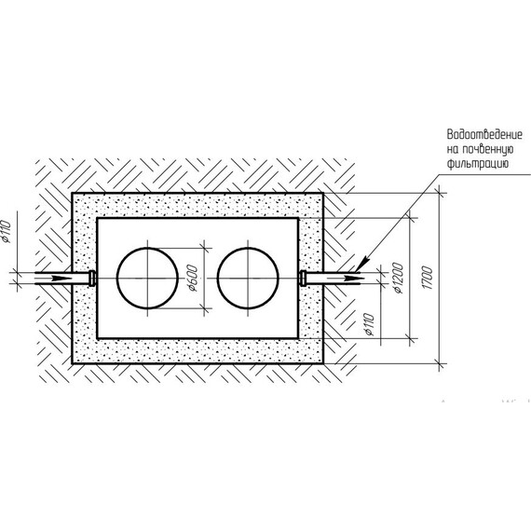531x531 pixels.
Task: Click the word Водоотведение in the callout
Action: tap(484, 134)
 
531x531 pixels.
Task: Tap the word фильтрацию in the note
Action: tap(478, 164)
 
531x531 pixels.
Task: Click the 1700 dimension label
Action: tap(428, 278)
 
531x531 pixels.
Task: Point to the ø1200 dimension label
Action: tap(399, 278)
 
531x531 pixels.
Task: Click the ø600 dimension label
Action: tap(192, 278)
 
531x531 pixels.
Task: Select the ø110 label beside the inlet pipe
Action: tap(7, 231)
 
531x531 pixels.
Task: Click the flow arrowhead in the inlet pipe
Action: tap(61, 278)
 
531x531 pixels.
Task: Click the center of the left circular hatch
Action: tap(147, 278)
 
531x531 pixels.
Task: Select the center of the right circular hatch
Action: tap(248, 278)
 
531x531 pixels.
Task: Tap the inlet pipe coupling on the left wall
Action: tap(92, 278)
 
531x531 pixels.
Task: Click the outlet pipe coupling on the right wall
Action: tap(303, 278)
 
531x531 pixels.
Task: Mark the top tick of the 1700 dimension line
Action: tap(441, 194)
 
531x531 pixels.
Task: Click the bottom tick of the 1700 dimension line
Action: tap(441, 364)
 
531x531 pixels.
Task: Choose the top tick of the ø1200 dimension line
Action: tap(411, 218)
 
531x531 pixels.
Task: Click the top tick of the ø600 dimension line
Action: tap(204, 248)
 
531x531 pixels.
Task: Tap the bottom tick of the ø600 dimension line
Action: tap(204, 308)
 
